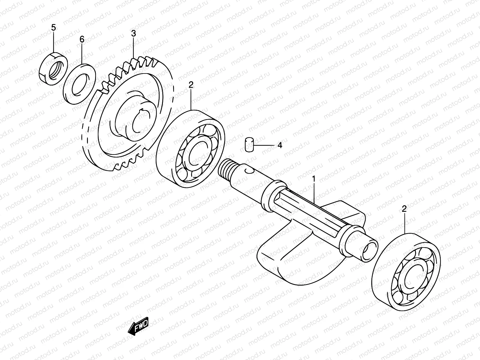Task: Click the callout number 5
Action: coord(53,28)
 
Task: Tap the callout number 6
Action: coord(82,39)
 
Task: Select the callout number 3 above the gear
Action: coord(133,34)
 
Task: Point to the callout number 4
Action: coord(280,145)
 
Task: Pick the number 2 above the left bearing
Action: coord(191,85)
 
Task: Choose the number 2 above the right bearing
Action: coord(404,209)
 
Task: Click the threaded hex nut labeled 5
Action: coord(54,67)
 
